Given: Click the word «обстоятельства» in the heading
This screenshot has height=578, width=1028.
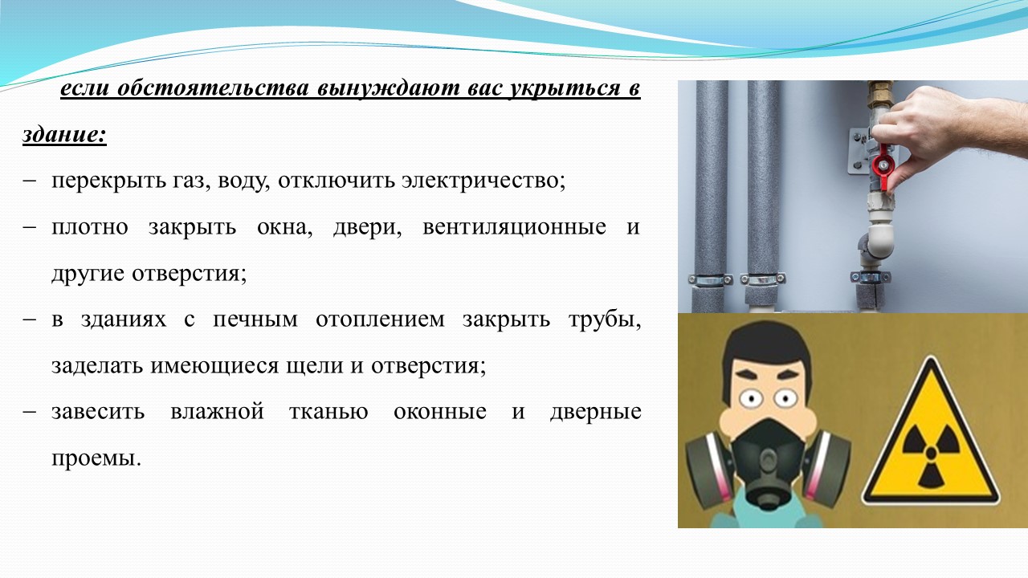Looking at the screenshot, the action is coord(213,88).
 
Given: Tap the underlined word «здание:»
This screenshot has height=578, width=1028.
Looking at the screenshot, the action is coord(64,134).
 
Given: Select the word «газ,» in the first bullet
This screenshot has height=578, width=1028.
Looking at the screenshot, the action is coord(188,181).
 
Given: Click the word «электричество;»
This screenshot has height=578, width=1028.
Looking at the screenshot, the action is coord(483,181).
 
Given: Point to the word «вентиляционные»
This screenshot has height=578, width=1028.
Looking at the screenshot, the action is coord(514,227).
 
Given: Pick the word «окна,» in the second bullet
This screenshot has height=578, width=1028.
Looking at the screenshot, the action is coord(284,227).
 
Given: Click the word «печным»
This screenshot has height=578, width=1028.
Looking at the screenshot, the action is coord(255,320).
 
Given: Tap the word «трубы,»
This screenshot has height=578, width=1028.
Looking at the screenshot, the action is coord(605,320).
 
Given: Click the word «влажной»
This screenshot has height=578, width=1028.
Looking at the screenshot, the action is coord(217,411).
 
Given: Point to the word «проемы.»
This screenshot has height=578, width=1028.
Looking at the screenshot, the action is coord(96,458).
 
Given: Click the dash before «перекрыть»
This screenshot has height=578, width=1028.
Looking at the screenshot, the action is coord(30,181).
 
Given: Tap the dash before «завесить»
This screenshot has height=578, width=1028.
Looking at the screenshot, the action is coord(30,412).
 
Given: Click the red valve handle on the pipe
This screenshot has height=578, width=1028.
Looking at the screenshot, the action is coord(883,165).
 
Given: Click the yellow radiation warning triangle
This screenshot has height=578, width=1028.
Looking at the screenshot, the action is coord(931,436).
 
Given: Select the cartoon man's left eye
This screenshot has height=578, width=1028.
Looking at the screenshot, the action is coord(752,397).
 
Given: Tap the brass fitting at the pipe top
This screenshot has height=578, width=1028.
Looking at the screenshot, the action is coord(880,96).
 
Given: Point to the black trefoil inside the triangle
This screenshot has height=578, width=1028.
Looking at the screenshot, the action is coord(931,454).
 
